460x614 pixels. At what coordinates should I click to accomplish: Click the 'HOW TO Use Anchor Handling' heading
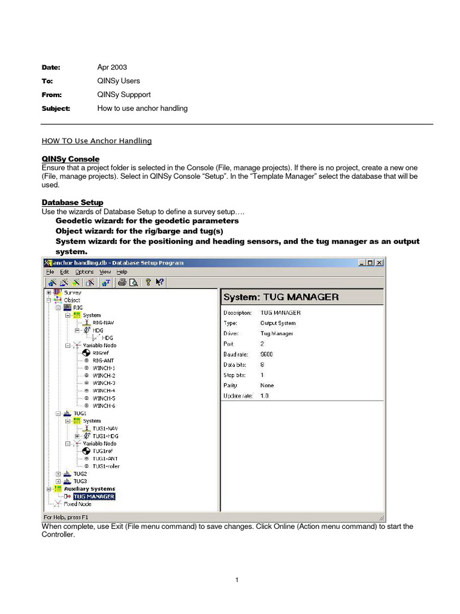[x=96, y=141]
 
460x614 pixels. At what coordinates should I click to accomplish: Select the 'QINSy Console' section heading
[x=70, y=159]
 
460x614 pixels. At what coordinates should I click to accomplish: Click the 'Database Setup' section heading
[x=72, y=203]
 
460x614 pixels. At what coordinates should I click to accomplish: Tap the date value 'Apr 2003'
[x=112, y=67]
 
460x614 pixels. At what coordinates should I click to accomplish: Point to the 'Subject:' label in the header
[x=56, y=109]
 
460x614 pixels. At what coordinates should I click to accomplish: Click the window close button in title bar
[x=379, y=263]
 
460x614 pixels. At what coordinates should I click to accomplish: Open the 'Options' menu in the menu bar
[x=84, y=272]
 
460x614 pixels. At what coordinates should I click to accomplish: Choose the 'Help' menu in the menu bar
[x=122, y=272]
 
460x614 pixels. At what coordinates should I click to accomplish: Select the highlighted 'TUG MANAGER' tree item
[x=93, y=496]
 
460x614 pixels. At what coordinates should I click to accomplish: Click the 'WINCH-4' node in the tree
[x=104, y=390]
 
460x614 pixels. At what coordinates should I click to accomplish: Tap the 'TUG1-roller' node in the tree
[x=106, y=466]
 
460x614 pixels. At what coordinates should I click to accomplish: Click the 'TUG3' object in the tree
[x=79, y=481]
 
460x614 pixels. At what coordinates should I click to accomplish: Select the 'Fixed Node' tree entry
[x=77, y=504]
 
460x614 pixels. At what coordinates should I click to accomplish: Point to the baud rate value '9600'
[x=267, y=354]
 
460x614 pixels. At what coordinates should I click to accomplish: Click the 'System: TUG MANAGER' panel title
[x=280, y=297]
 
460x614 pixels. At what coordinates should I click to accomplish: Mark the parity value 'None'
[x=267, y=386]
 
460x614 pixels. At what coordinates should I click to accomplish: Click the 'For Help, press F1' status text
[x=66, y=516]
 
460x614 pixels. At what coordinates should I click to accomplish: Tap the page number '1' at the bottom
[x=237, y=580]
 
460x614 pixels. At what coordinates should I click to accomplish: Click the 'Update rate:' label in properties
[x=238, y=396]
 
